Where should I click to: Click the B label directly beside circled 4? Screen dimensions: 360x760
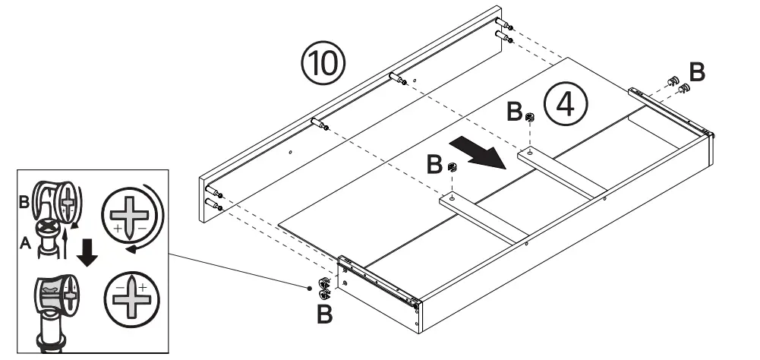point(515,113)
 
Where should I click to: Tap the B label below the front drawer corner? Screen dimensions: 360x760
point(324,314)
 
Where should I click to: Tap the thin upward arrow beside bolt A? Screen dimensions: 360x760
point(67,236)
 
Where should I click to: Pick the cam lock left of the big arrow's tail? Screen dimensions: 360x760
point(453,167)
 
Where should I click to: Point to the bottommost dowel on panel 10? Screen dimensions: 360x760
point(213,205)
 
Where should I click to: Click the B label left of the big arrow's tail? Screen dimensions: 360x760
point(434,163)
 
